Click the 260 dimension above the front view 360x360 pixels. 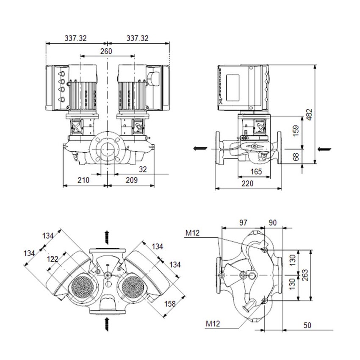pos(106,51)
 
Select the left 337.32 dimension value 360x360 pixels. pos(76,38)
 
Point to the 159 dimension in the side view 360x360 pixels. pos(296,130)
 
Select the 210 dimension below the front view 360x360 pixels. pos(83,180)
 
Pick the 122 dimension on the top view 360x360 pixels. pos(53,259)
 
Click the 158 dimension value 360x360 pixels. pos(170,304)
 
